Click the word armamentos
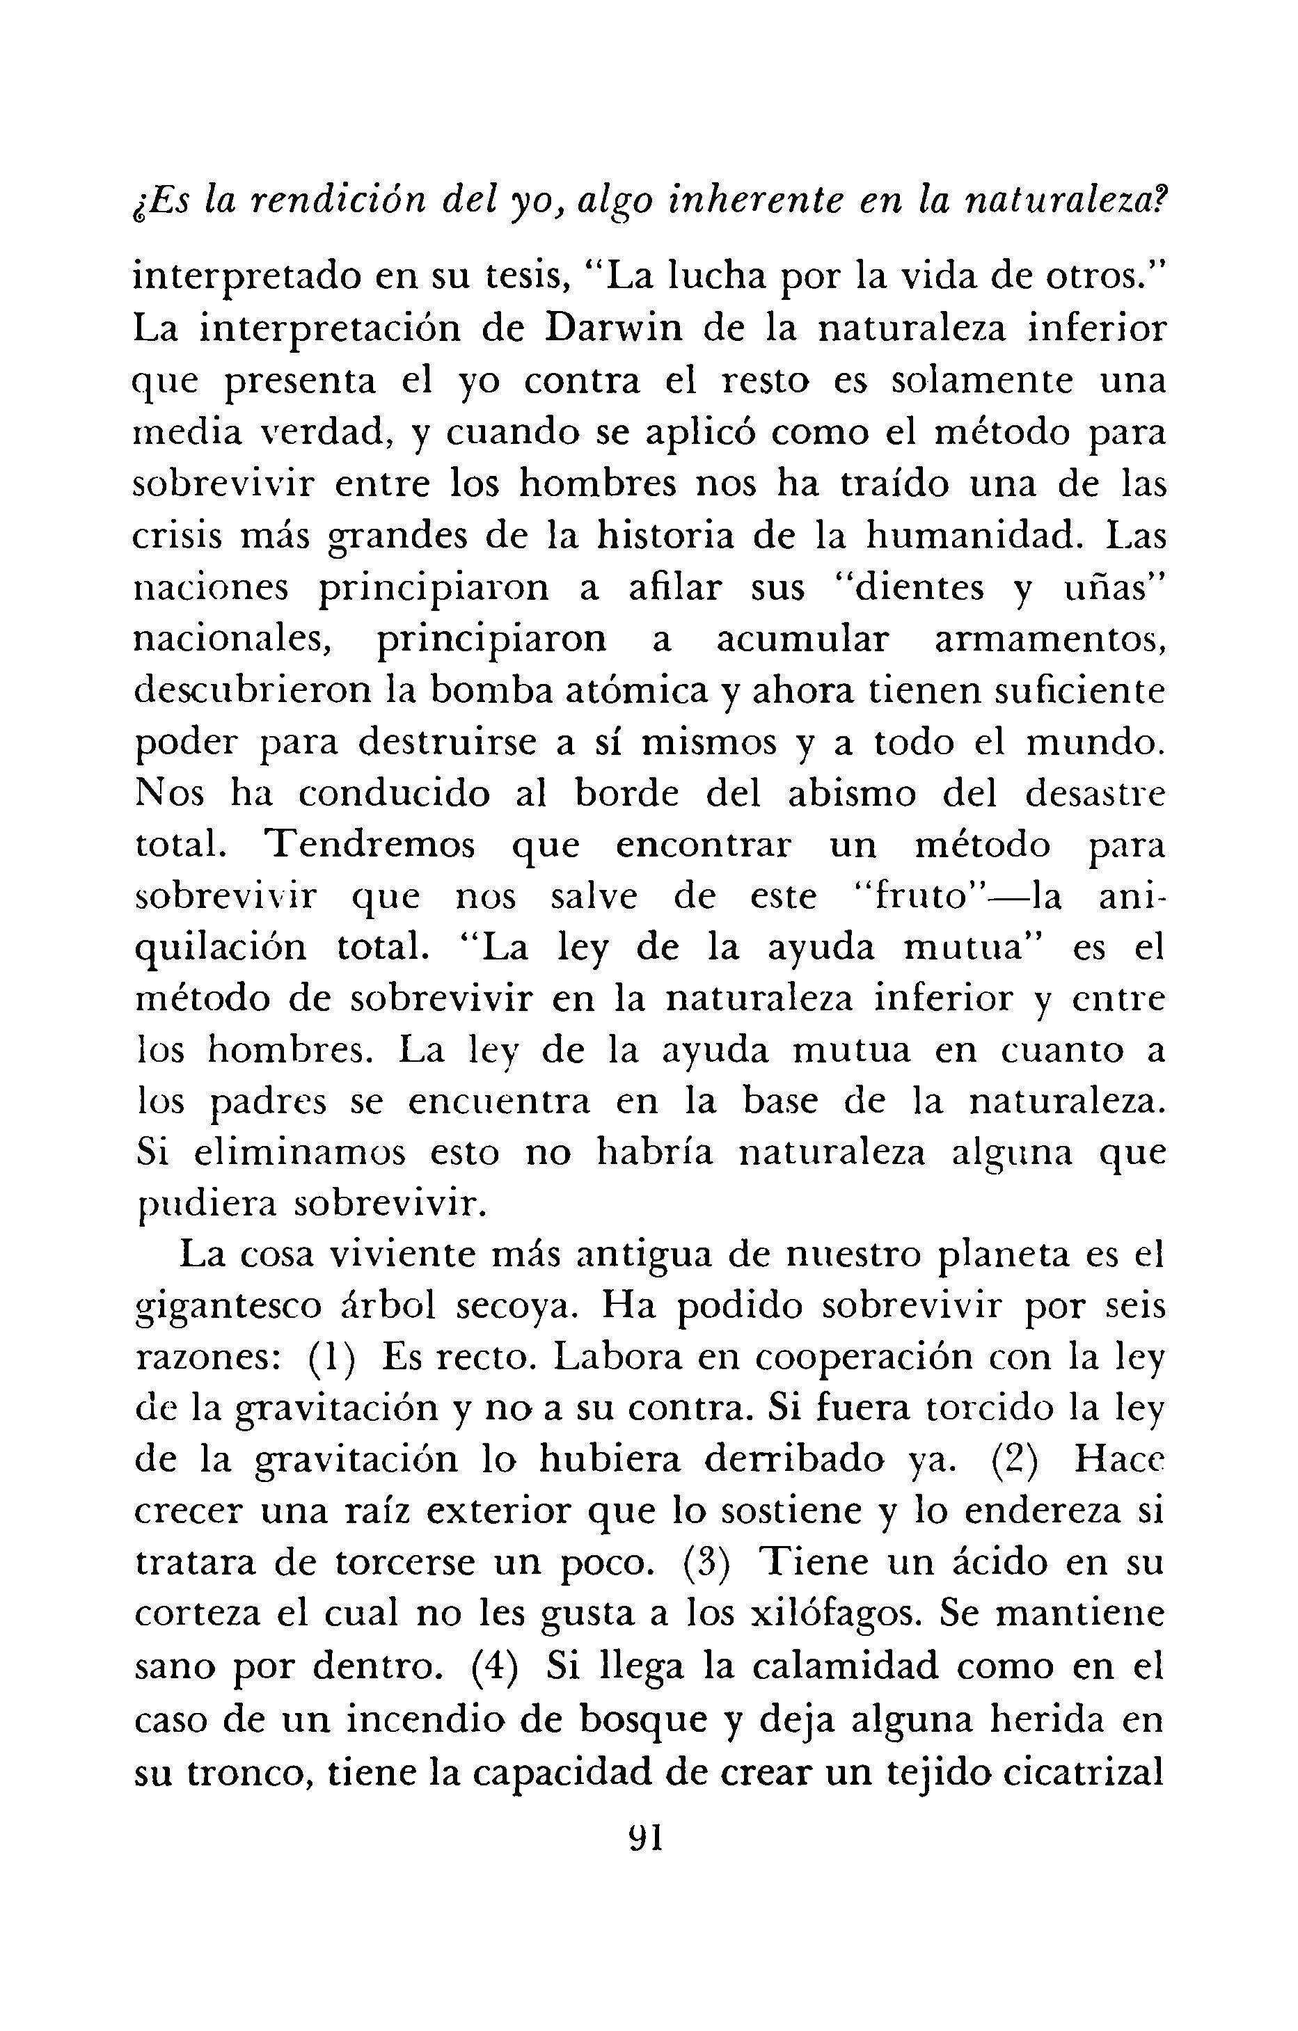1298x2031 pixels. (1050, 639)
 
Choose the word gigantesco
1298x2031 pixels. (228, 1308)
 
